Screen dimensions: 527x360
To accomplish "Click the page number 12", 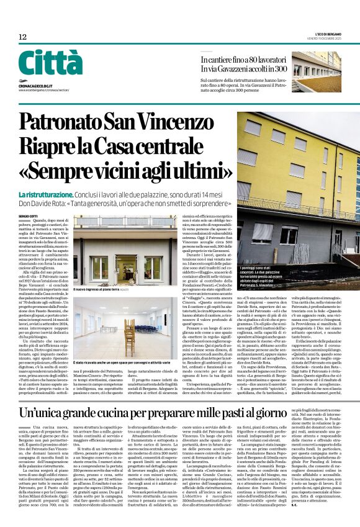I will coord(23,38).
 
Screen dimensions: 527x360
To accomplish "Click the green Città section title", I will coord(50,63).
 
